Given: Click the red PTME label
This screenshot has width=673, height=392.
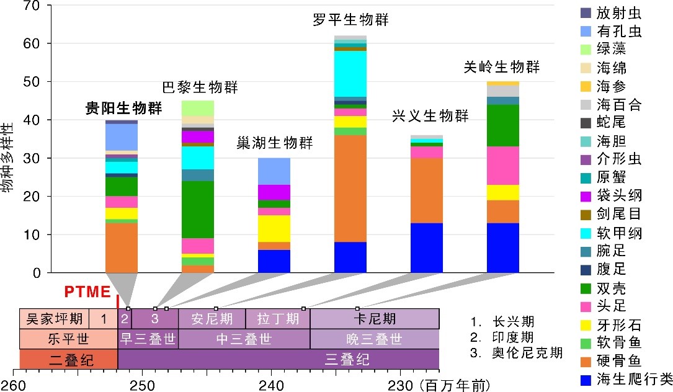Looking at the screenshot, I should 87,292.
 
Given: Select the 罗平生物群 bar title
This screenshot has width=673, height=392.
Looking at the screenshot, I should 350,20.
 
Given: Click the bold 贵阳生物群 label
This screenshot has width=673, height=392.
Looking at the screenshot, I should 123,109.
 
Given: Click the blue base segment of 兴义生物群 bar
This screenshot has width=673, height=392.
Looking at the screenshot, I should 427,248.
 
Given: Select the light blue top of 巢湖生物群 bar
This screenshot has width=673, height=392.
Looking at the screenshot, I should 274,171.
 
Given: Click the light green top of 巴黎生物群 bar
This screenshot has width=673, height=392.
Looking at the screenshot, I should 198,108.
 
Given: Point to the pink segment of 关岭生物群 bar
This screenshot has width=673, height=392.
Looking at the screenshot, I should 503,166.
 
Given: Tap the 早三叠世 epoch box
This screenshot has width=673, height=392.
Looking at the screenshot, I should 148,339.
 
